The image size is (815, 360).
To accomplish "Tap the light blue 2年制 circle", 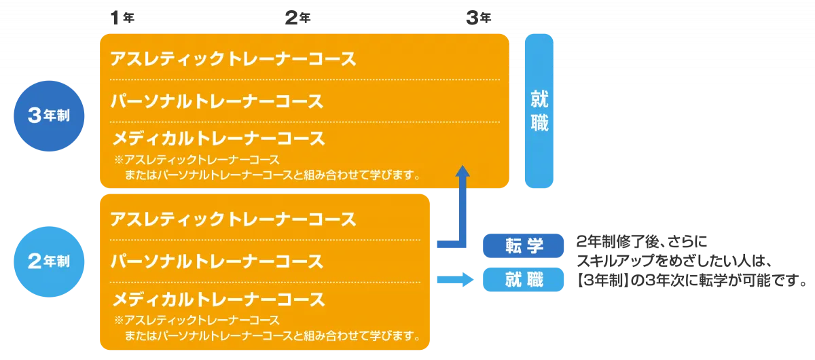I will tap(49, 262).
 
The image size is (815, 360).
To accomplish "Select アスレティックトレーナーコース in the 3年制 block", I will tap(233, 59).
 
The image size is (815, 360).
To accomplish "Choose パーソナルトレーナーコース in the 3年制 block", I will tap(217, 102).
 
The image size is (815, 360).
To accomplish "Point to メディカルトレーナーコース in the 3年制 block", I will tap(218, 139).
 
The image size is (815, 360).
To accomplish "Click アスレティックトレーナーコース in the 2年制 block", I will tap(233, 220).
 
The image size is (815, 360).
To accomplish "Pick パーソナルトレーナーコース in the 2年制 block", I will tap(217, 262).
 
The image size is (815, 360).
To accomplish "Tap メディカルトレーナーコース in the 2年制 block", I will tap(218, 300).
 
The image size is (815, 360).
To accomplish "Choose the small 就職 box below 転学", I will tap(524, 279).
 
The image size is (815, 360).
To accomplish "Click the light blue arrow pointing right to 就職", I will tap(454, 278).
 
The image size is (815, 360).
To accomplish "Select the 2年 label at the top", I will tap(297, 18).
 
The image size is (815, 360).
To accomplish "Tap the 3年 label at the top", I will tap(477, 18).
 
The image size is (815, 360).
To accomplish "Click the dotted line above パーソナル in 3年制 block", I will tap(304, 80).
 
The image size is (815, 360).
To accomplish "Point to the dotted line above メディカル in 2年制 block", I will tap(265, 281).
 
